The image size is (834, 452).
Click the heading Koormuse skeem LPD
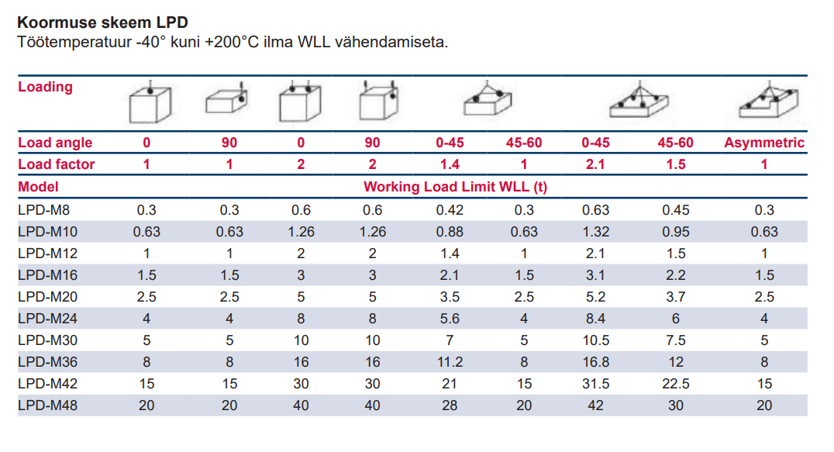coord(102,22)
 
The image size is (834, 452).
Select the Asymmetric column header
coord(764,143)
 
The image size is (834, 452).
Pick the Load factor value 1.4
coord(449,164)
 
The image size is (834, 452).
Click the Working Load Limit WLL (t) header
coord(456,187)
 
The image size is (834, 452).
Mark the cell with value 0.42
coord(449,210)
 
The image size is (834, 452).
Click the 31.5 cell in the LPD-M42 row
coord(596,384)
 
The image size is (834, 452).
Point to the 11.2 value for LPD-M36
coord(449,362)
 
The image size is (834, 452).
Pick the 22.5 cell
coord(676,384)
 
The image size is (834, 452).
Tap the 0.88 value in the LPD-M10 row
coord(449,232)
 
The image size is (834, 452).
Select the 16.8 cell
coord(596,362)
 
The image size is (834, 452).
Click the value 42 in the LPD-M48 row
coord(596,405)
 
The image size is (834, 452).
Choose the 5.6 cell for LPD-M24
coord(449,319)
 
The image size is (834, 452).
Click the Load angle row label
coord(55,143)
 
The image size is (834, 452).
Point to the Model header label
coord(38,187)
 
